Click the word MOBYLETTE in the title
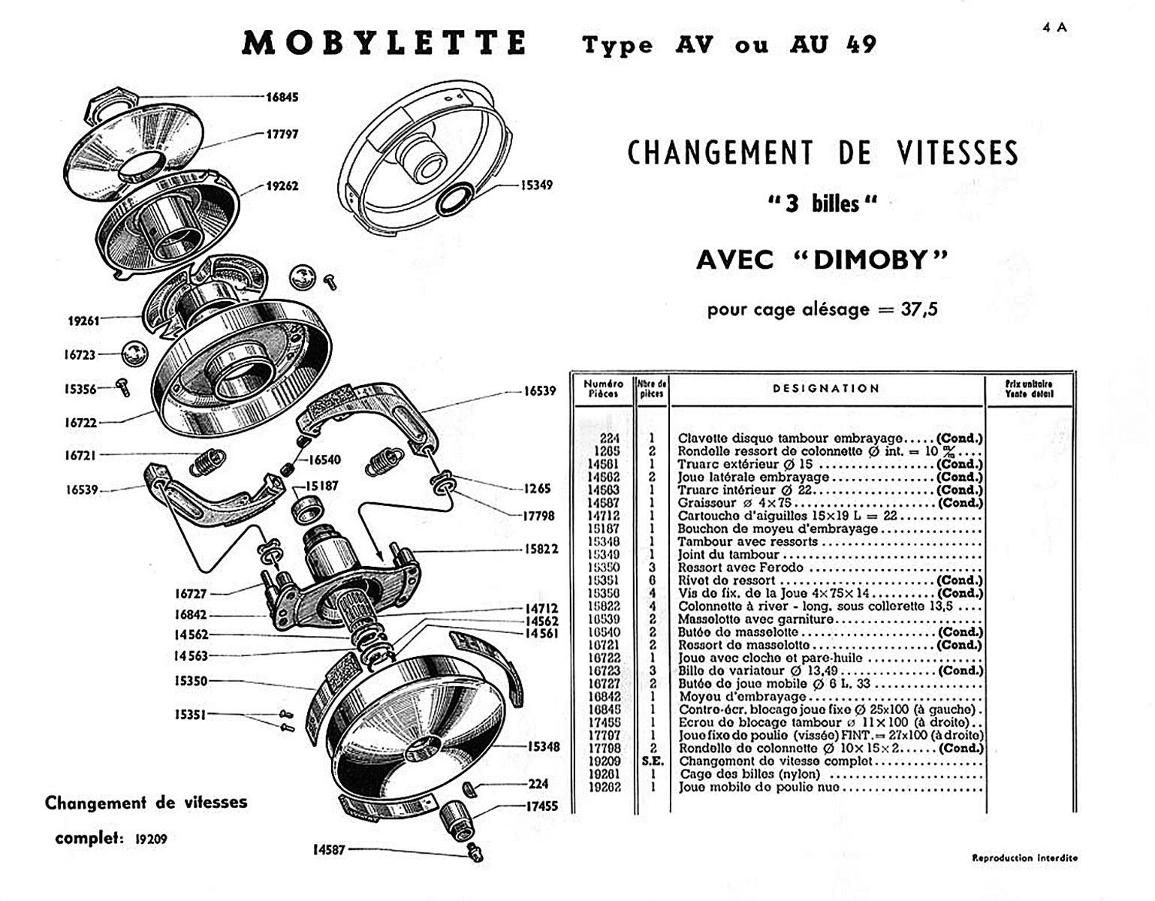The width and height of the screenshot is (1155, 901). click(x=384, y=43)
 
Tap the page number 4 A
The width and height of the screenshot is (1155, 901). click(x=1054, y=28)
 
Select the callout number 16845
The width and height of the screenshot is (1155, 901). click(x=282, y=97)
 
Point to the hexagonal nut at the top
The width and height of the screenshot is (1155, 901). click(x=110, y=105)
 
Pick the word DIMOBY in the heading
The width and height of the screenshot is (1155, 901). click(x=870, y=260)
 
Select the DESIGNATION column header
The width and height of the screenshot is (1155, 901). click(x=826, y=388)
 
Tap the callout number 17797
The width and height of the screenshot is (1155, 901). click(x=282, y=134)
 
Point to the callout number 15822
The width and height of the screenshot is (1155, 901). click(x=541, y=549)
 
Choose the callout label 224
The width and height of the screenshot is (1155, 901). click(x=538, y=783)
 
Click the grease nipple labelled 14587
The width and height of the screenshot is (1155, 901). click(x=475, y=852)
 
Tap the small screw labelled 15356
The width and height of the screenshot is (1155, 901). click(x=122, y=387)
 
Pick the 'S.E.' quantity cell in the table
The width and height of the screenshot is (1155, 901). click(x=652, y=761)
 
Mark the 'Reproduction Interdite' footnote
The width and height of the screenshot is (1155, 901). click(x=1024, y=857)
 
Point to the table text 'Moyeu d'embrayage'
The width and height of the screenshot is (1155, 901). click(x=732, y=697)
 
